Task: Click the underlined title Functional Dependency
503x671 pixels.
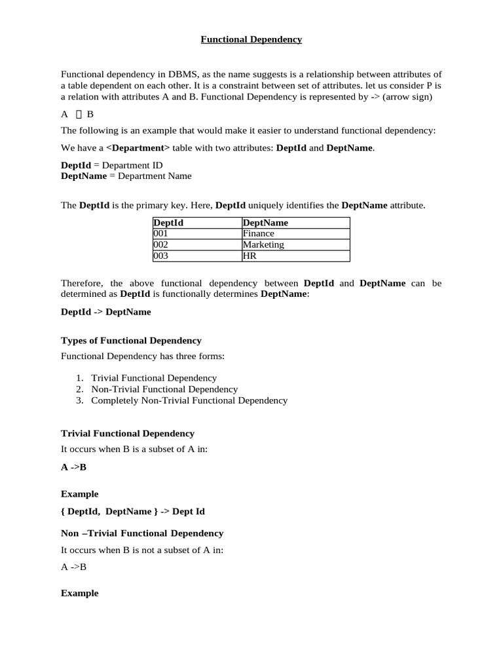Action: click(251, 39)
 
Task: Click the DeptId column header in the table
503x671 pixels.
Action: click(168, 223)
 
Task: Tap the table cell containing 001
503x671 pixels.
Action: click(161, 233)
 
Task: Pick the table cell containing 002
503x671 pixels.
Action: click(161, 244)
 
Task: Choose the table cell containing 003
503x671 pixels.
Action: click(161, 256)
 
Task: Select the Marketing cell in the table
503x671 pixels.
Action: click(263, 244)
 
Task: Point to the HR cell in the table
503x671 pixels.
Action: click(250, 256)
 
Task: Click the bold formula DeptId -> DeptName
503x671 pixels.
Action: click(105, 312)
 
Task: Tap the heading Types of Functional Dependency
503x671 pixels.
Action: click(131, 341)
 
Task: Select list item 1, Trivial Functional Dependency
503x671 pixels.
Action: click(154, 378)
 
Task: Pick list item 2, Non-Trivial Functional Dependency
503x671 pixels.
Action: click(164, 389)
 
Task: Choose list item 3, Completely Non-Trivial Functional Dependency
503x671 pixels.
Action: click(189, 400)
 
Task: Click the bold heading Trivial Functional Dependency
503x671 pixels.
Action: click(127, 434)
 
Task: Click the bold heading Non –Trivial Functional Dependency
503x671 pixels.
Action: click(141, 533)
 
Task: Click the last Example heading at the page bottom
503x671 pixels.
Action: click(79, 593)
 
